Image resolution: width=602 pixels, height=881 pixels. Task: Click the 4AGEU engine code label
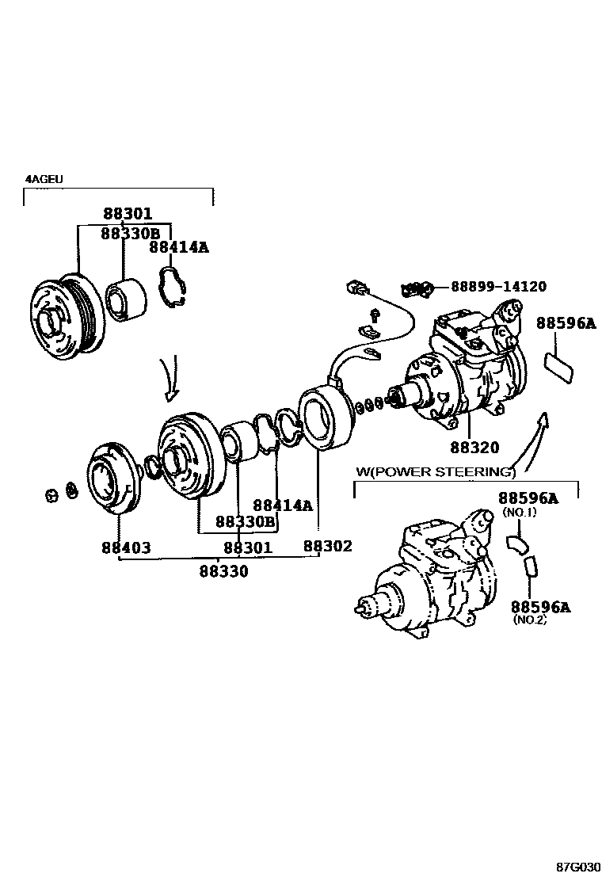tap(44, 180)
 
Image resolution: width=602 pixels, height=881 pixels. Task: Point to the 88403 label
tap(125, 547)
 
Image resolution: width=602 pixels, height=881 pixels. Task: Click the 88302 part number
tap(328, 547)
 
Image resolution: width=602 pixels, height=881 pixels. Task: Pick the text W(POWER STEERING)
tap(436, 472)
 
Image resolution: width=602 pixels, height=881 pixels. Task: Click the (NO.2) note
tap(530, 620)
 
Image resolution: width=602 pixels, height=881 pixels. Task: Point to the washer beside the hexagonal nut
tap(71, 492)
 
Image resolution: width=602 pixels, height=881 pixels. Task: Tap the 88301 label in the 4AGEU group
tap(127, 214)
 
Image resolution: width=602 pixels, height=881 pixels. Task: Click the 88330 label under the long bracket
tap(223, 570)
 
